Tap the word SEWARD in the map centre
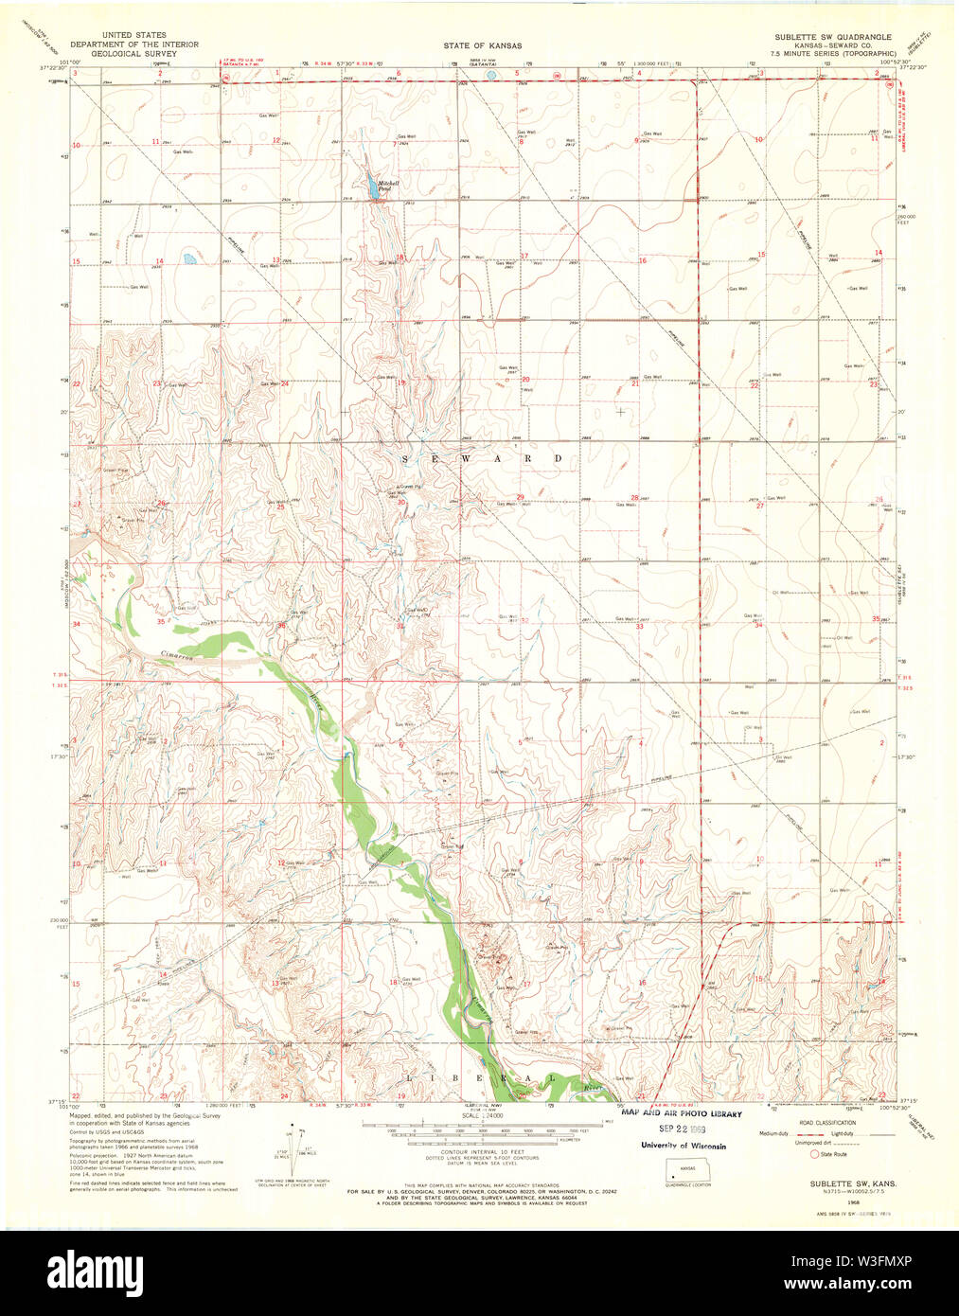(483, 459)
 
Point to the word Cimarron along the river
(177, 655)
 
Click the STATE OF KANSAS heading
(482, 45)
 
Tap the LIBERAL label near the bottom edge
(481, 1078)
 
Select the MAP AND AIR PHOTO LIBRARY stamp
(682, 1114)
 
